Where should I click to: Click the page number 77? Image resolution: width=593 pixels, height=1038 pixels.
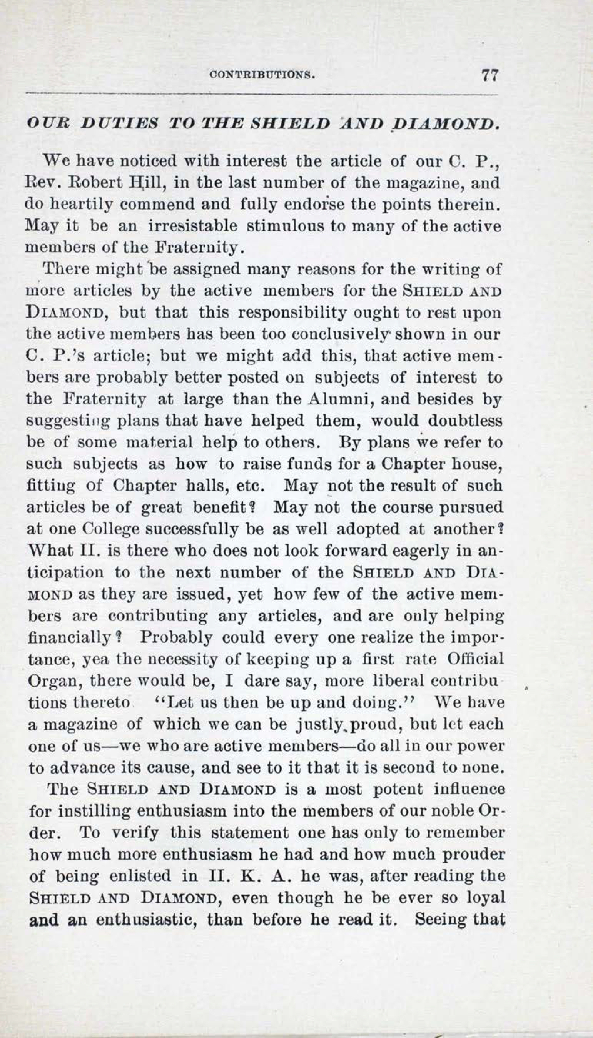(x=490, y=75)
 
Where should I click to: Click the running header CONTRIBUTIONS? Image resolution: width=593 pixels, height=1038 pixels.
(x=262, y=75)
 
